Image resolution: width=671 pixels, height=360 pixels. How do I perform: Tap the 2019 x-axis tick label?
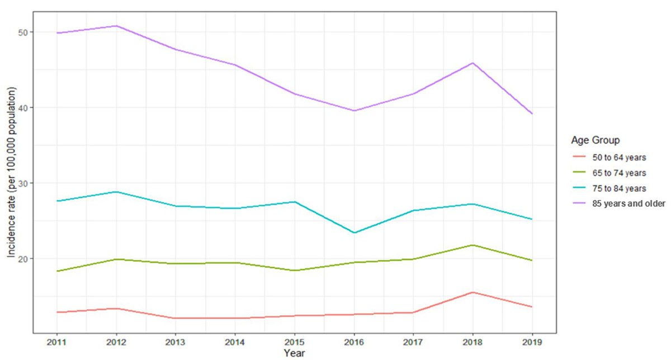click(x=532, y=341)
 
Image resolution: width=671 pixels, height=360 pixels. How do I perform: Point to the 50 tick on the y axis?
click(x=22, y=32)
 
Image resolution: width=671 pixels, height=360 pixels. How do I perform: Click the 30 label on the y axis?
click(x=22, y=183)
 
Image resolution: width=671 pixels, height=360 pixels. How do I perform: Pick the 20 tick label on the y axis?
click(x=22, y=258)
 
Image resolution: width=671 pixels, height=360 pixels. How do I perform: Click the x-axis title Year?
click(x=294, y=353)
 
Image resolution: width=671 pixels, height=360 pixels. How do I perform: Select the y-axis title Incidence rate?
click(x=11, y=173)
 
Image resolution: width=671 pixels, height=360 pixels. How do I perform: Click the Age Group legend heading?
click(x=594, y=139)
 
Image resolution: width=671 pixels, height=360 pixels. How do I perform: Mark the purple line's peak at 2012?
click(x=116, y=26)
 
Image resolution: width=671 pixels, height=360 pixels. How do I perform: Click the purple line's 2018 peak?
click(x=472, y=63)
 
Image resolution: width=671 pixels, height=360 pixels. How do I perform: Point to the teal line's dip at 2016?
click(x=354, y=233)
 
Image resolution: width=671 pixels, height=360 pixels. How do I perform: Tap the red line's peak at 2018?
click(x=472, y=292)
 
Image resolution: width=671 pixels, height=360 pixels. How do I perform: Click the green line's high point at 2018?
click(x=472, y=245)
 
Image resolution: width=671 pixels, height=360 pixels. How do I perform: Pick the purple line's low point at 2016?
click(x=354, y=111)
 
